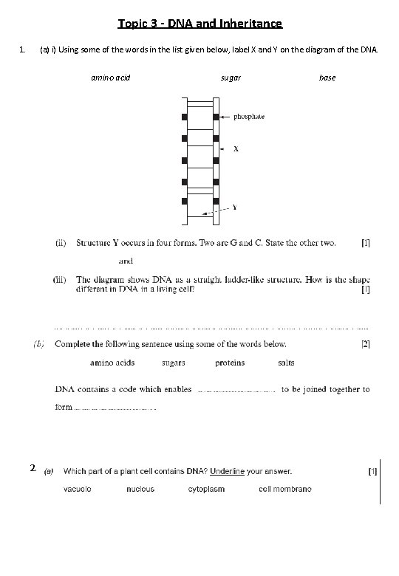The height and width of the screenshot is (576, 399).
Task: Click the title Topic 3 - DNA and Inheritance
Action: point(199,24)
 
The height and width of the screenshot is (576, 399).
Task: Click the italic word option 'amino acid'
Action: point(111,77)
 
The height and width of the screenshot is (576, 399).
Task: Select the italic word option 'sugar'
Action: point(231,77)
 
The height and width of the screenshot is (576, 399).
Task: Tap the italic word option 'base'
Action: point(327,77)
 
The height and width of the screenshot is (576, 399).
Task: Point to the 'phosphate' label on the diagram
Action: point(249,117)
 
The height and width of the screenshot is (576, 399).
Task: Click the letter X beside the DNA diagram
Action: point(236,148)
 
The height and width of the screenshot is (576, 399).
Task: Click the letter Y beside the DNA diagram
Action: point(235,208)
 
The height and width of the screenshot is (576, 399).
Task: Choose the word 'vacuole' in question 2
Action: point(78,489)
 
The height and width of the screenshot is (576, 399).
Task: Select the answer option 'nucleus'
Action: point(140,489)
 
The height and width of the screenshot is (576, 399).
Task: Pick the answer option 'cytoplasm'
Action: point(206,489)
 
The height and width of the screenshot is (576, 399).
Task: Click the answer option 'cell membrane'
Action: point(285,489)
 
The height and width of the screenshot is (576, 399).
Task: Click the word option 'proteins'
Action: point(230,363)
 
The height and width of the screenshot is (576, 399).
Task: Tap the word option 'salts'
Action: point(286,363)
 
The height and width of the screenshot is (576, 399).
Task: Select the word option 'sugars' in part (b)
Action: point(174,363)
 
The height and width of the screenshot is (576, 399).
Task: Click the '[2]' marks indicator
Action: point(365,344)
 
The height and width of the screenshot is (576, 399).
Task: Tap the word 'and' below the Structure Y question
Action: point(126,261)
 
